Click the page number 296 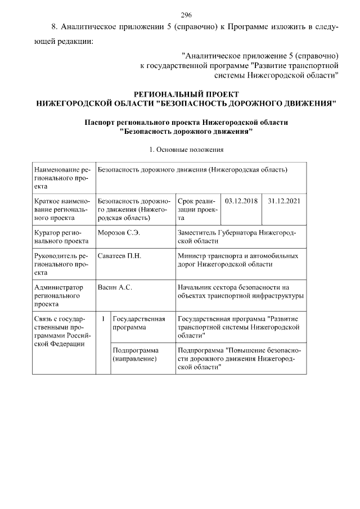pos(186,15)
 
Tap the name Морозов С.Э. pos(119,232)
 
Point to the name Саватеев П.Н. pos(119,255)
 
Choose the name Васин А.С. pos(115,287)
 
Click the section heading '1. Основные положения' pos(186,150)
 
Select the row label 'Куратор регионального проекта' pos(61,236)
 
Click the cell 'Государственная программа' pos(138,322)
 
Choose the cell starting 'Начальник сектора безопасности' pos(240,291)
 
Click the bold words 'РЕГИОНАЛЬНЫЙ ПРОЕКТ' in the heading pos(186,94)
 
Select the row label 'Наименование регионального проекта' pos(61,177)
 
